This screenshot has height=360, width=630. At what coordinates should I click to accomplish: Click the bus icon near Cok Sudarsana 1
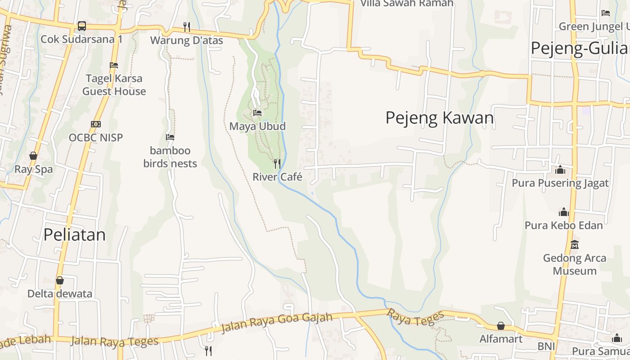(x=81, y=26)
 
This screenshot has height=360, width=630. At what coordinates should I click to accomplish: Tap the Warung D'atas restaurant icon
(x=187, y=27)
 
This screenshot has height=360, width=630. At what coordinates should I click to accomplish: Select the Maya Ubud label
(x=257, y=126)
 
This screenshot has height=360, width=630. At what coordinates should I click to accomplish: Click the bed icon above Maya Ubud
(x=257, y=112)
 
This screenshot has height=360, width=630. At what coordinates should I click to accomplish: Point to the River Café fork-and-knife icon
(x=277, y=163)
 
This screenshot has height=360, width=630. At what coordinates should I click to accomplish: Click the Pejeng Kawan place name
(x=440, y=118)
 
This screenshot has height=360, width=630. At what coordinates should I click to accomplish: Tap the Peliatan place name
(x=75, y=234)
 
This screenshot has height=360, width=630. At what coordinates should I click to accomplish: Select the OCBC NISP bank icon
(x=96, y=124)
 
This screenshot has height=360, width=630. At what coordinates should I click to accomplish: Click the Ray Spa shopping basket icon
(x=33, y=156)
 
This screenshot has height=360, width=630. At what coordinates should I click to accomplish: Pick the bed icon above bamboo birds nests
(x=170, y=137)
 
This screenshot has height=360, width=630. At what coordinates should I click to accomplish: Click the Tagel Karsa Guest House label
(x=114, y=85)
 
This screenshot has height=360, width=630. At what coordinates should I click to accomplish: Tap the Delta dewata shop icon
(x=60, y=280)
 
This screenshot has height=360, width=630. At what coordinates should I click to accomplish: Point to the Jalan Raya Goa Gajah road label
(x=277, y=323)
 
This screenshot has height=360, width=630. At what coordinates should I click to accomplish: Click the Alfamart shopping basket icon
(x=501, y=325)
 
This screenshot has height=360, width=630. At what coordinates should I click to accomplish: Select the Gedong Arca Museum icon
(x=575, y=245)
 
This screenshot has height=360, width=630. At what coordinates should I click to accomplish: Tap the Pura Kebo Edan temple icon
(x=564, y=212)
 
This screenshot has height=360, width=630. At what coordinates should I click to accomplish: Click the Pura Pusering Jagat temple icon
(x=560, y=170)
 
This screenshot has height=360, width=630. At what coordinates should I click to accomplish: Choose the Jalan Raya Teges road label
(x=114, y=341)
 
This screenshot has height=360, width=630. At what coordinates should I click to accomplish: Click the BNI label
(x=546, y=346)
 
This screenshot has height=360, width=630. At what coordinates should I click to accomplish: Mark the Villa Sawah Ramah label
(x=407, y=3)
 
